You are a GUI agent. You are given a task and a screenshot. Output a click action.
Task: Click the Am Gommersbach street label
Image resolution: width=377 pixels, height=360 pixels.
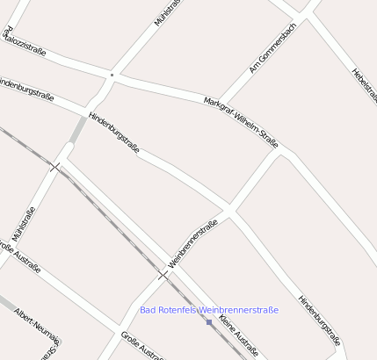[272, 48]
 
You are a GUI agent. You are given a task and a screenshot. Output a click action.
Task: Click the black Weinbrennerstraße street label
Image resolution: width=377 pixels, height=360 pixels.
[192, 243]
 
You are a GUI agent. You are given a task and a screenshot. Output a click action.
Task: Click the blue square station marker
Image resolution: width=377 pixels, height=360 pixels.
[209, 322]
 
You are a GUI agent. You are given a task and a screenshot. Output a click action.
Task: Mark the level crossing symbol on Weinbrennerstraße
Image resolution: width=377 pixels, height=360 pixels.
[163, 275]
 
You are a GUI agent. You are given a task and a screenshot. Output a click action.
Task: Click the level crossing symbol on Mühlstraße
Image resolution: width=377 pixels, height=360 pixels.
[56, 167]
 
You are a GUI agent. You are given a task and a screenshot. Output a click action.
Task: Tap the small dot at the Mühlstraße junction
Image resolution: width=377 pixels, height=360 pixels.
[112, 76]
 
